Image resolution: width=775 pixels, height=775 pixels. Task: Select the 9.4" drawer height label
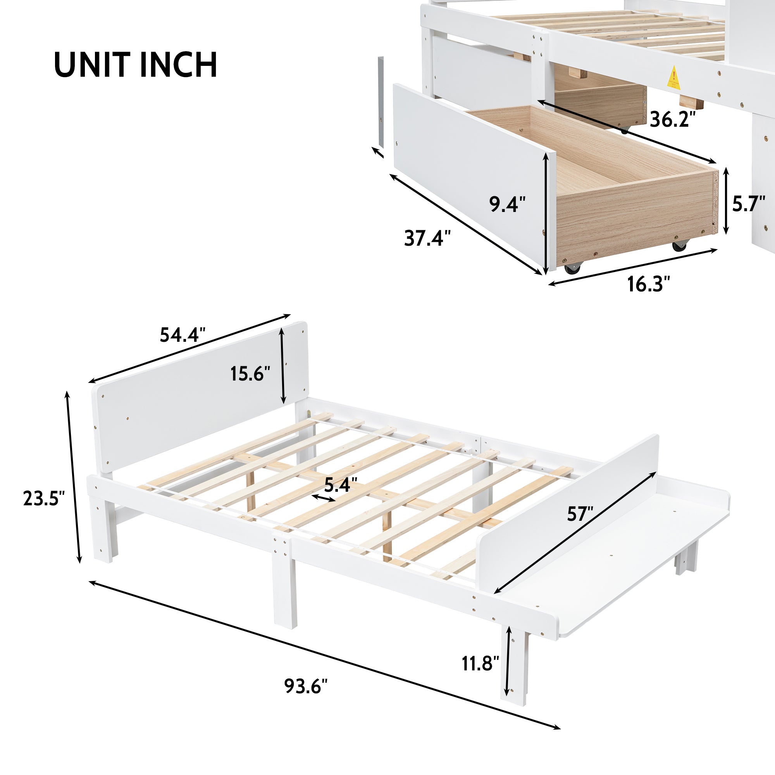pyautogui.click(x=507, y=204)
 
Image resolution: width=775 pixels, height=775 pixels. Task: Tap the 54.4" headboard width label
pyautogui.click(x=183, y=334)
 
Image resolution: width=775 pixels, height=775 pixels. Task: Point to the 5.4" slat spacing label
pyautogui.click(x=341, y=485)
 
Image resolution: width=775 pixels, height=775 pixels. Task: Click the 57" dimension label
pyautogui.click(x=580, y=514)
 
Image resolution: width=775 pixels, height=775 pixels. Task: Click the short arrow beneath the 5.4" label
pyautogui.click(x=324, y=498)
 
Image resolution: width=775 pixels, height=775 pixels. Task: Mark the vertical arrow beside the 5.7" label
pyautogui.click(x=726, y=201)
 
